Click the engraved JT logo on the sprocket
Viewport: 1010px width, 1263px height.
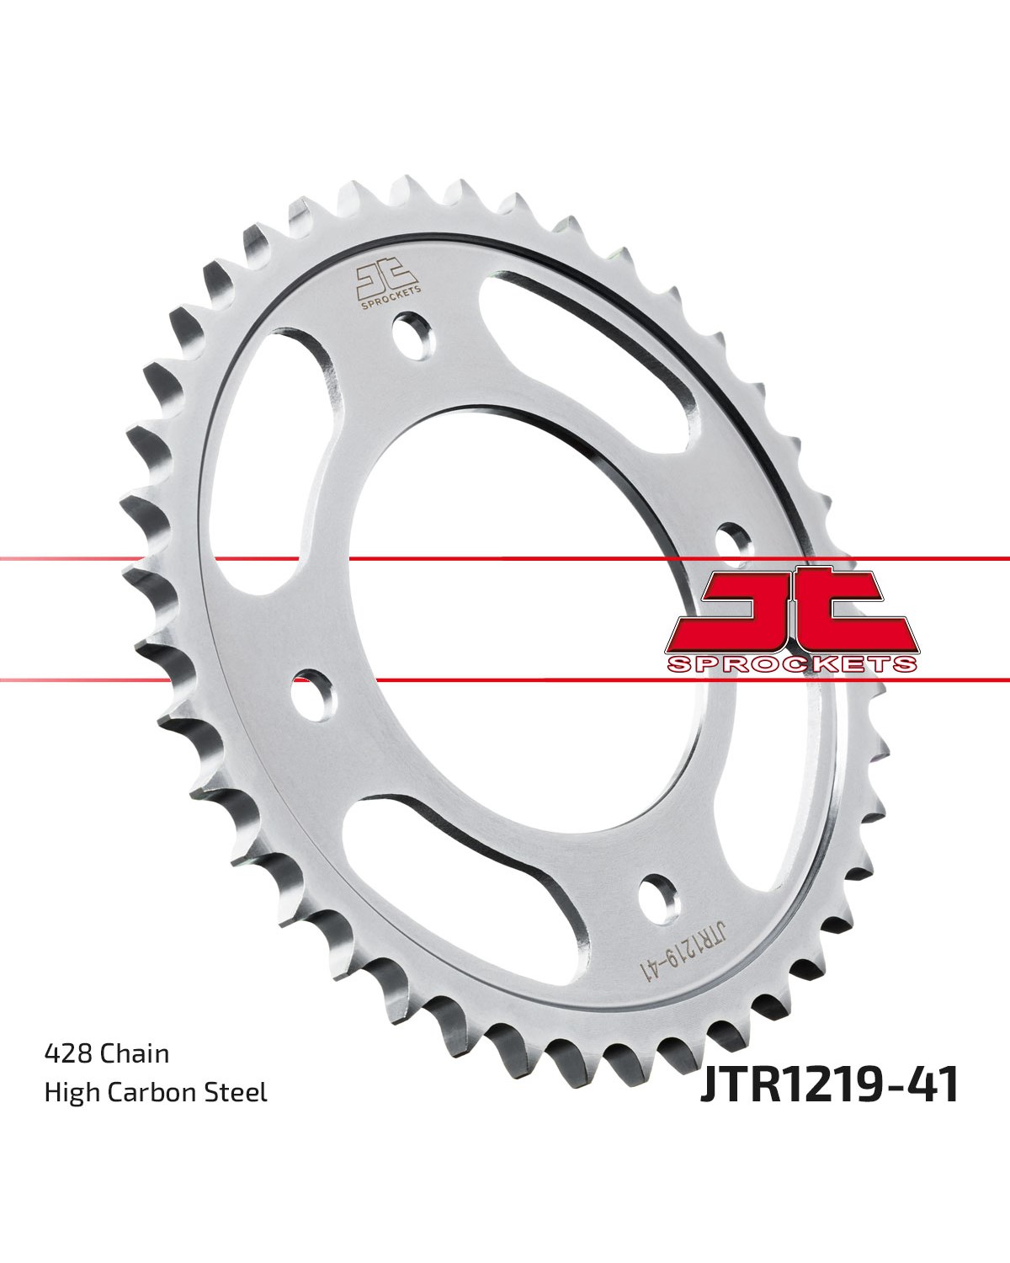click(388, 288)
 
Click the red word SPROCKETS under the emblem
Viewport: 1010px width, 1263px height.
click(792, 663)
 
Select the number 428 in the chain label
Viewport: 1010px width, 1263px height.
click(67, 1103)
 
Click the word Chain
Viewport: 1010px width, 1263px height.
click(135, 1103)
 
